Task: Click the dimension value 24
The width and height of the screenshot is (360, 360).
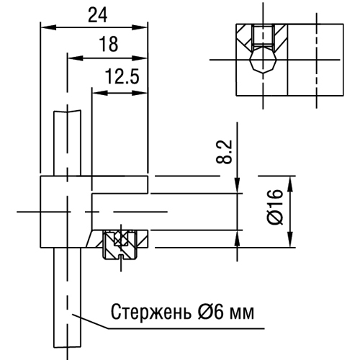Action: pos(98,15)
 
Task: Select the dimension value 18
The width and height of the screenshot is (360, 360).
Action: pos(109,44)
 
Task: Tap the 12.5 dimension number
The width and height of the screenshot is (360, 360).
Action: pos(122,76)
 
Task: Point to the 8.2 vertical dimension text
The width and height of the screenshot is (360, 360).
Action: pos(224,151)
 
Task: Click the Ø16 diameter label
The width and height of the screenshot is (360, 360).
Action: pos(275,207)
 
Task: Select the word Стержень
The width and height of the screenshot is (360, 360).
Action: pos(151,312)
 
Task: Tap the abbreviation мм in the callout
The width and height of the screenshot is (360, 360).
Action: pos(242,314)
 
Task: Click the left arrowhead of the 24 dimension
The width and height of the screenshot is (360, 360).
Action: pos(48,27)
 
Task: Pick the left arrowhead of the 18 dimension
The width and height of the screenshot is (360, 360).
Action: pos(75,58)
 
